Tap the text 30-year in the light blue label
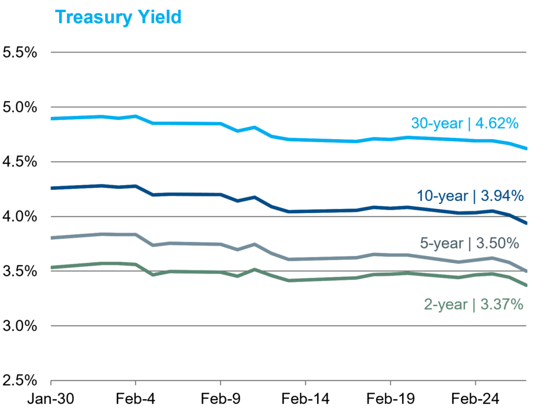[x=437, y=124]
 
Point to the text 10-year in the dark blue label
[x=442, y=195]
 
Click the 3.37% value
[x=501, y=304]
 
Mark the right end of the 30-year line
[x=526, y=148]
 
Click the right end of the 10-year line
[x=526, y=223]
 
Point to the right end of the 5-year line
[x=526, y=271]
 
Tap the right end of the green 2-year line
[x=526, y=285]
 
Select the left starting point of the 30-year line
[x=51, y=118]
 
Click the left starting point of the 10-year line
[x=51, y=188]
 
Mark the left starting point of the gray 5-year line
[x=51, y=238]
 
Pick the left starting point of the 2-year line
[x=51, y=268]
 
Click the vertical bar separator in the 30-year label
[x=469, y=124]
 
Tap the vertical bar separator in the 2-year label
[x=474, y=304]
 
